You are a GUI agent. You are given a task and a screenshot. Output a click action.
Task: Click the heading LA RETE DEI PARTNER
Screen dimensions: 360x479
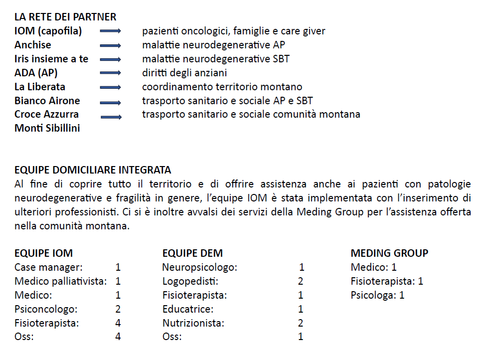(x=65, y=17)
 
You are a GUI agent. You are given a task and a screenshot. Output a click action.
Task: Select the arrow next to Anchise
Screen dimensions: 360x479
(x=111, y=45)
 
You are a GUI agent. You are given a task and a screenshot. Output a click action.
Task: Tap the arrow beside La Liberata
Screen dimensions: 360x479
(x=111, y=87)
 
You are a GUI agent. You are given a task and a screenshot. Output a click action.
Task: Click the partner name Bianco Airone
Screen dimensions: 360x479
(x=47, y=101)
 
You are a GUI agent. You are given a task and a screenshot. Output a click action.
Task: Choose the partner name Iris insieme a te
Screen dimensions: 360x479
(x=51, y=59)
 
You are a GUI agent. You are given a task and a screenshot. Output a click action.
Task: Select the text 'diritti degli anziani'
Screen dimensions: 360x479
(x=184, y=73)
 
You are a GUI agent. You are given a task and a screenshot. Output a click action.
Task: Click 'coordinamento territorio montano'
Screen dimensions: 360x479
(x=222, y=87)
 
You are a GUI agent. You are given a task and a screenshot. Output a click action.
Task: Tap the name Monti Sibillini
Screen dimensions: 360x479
(x=47, y=128)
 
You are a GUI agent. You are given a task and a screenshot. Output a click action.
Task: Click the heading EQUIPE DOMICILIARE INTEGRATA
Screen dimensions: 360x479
(x=93, y=170)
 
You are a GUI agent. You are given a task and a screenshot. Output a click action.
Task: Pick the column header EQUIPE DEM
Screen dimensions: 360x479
(x=192, y=253)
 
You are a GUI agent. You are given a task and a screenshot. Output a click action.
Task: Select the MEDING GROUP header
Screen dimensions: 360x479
(x=389, y=253)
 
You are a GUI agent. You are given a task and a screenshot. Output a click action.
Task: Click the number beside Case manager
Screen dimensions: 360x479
(x=118, y=267)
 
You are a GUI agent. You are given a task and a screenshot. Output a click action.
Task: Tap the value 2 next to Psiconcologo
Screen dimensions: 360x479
(x=118, y=309)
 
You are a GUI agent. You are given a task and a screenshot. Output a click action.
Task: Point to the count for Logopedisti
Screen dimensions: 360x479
(x=301, y=281)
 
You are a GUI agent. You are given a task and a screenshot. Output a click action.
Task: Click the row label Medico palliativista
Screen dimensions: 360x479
(x=61, y=281)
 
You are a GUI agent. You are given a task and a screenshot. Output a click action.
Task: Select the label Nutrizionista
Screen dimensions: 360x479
(x=193, y=323)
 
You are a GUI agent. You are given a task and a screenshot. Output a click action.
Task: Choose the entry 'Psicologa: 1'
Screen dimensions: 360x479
(x=377, y=295)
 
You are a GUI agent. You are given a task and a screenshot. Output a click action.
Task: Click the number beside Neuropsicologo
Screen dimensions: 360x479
(x=302, y=267)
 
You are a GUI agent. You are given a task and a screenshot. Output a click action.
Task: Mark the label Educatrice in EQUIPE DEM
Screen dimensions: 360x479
(x=188, y=309)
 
